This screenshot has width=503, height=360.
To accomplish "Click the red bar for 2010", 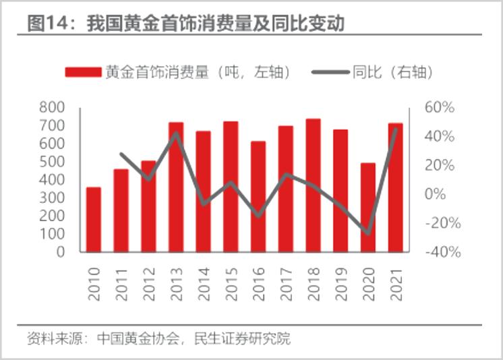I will pyautogui.click(x=94, y=220).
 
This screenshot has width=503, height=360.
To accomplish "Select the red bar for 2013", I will pyautogui.click(x=176, y=187).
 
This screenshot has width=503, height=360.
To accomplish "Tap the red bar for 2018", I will pyautogui.click(x=313, y=185).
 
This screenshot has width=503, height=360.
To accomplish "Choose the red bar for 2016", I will pyautogui.click(x=258, y=197).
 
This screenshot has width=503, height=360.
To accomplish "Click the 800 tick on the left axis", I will pyautogui.click(x=52, y=108).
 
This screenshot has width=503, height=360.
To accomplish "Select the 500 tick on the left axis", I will pyautogui.click(x=52, y=162).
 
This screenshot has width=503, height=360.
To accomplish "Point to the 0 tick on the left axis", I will pyautogui.click(x=60, y=252).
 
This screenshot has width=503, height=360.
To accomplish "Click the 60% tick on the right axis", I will pyautogui.click(x=440, y=108).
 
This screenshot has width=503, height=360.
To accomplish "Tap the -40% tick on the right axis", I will pyautogui.click(x=442, y=252).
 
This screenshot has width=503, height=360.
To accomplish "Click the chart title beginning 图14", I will pyautogui.click(x=186, y=24).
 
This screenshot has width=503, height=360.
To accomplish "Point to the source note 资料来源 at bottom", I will pyautogui.click(x=159, y=338).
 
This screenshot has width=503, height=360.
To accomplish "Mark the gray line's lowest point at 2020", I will pyautogui.click(x=368, y=233).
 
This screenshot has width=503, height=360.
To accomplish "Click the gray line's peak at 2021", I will pyautogui.click(x=396, y=127).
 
